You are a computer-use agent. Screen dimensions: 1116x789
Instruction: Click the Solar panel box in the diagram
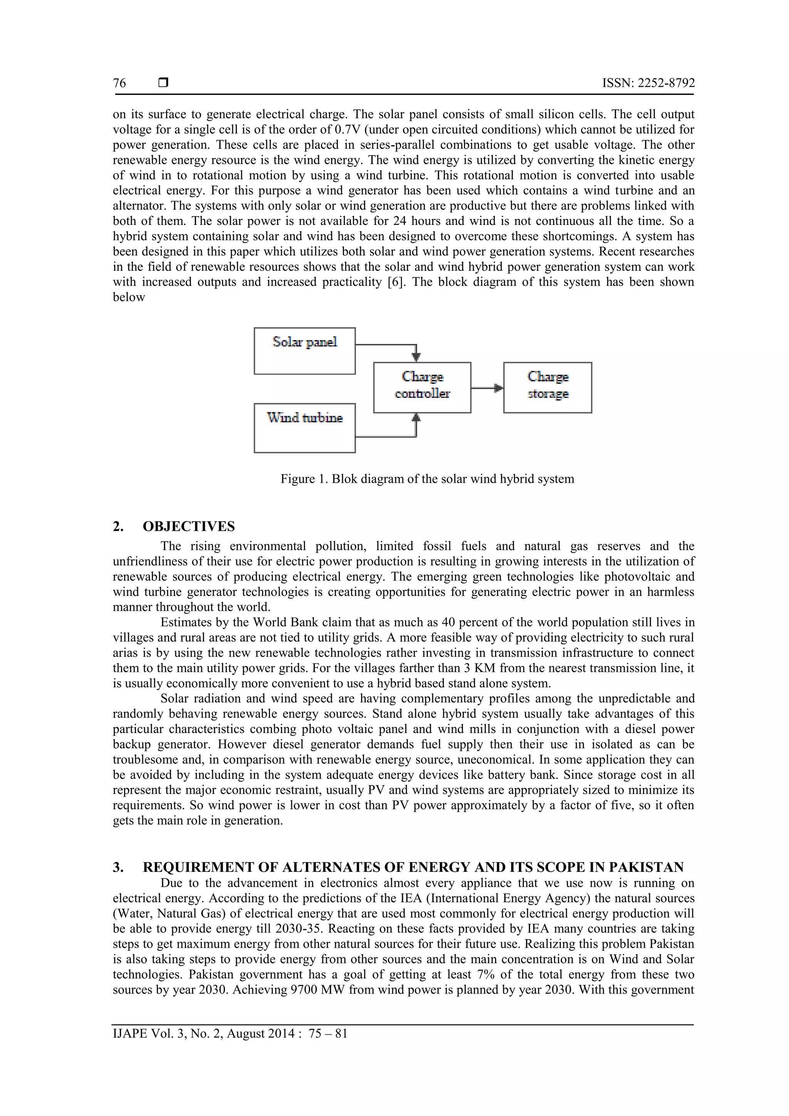tap(304, 351)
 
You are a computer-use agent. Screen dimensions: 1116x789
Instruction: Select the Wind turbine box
tap(304, 428)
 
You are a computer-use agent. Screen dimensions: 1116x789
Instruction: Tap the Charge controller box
tap(422, 388)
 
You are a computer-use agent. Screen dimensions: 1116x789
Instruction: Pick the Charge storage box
tap(547, 388)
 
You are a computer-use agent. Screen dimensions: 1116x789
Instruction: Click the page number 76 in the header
tap(119, 83)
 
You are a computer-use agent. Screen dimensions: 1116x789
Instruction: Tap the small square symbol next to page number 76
tap(163, 83)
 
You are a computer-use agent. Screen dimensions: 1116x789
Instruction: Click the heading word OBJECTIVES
tap(189, 526)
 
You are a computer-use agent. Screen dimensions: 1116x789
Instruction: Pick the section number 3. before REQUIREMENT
tap(118, 867)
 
